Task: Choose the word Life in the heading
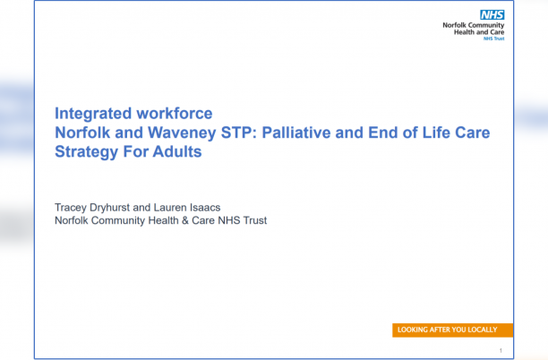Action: (x=444, y=133)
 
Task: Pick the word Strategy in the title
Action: (x=87, y=151)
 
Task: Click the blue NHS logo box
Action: (x=492, y=14)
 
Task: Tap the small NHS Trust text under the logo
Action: (x=493, y=39)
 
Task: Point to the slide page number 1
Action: (x=501, y=350)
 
